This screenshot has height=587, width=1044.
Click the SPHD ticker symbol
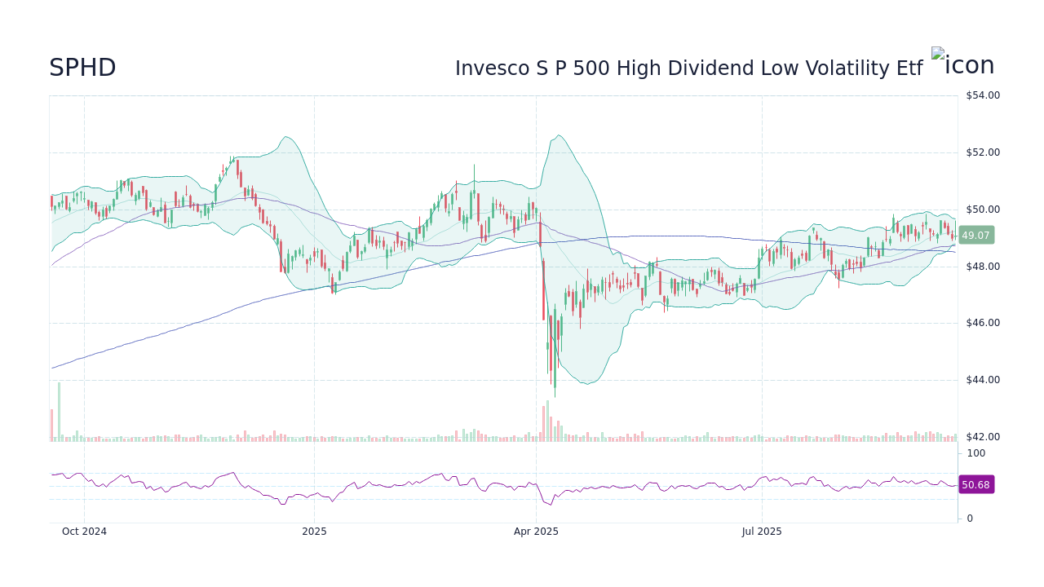coord(82,68)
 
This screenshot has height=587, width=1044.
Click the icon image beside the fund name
coord(962,64)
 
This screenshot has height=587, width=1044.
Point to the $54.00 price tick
coord(982,95)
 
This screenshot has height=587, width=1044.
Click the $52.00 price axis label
coord(982,152)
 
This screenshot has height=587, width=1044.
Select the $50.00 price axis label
coord(982,210)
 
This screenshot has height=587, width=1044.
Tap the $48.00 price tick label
coord(982,267)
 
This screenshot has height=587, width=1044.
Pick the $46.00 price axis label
coord(982,323)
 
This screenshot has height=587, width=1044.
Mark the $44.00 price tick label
coord(982,380)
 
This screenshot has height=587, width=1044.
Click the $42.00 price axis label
coord(982,437)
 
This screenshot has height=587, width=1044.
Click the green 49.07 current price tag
coord(975,236)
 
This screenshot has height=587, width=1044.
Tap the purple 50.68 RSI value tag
coord(975,485)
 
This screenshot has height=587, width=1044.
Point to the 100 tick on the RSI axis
coord(976,453)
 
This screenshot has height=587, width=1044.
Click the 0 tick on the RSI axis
coord(970,519)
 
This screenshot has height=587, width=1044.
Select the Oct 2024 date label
coord(84,532)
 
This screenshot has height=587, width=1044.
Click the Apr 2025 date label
coord(536,532)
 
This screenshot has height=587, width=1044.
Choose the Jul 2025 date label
coord(762,532)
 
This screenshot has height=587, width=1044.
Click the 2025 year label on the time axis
coord(314,532)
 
